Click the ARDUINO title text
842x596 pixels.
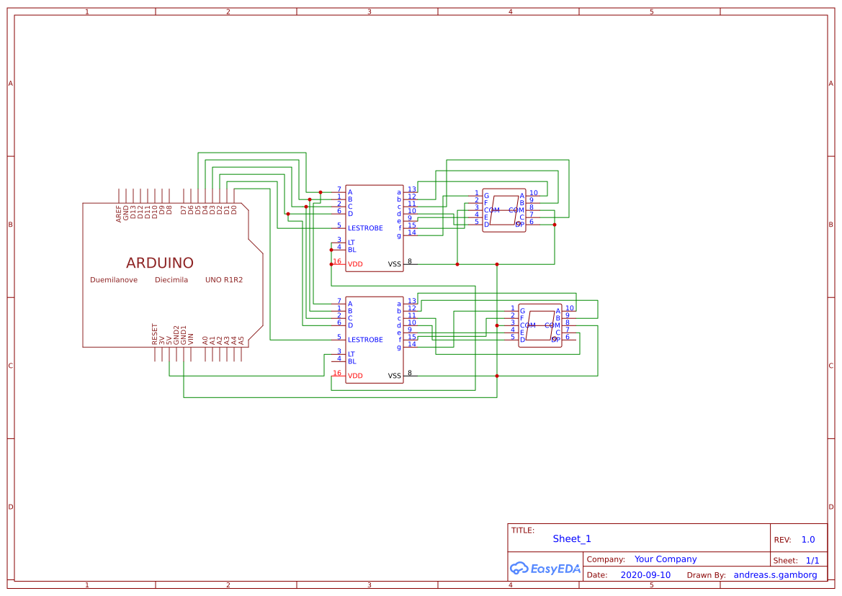(x=159, y=263)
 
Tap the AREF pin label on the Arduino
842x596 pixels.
(x=119, y=213)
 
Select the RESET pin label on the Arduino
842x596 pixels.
(x=154, y=334)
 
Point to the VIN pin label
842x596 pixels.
(x=191, y=336)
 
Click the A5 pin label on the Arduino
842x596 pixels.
(x=241, y=339)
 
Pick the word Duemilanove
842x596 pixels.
(x=114, y=280)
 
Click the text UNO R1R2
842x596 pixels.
(x=224, y=280)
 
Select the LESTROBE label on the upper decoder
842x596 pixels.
(x=365, y=228)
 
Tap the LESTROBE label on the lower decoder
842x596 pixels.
(x=365, y=340)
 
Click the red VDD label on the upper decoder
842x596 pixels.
(x=355, y=264)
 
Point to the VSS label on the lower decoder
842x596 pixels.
(x=395, y=376)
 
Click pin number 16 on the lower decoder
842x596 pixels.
(x=336, y=373)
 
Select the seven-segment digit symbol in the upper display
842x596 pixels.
(x=504, y=210)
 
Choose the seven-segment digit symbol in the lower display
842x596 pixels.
(x=540, y=325)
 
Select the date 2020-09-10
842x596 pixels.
(x=645, y=575)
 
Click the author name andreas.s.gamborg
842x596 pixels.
(x=775, y=575)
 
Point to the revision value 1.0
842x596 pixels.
(x=808, y=540)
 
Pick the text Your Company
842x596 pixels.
(x=666, y=559)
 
